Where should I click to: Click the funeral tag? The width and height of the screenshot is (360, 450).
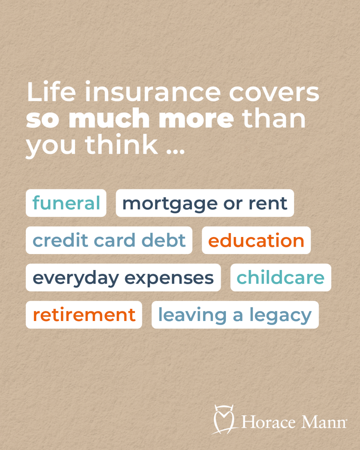click(x=66, y=203)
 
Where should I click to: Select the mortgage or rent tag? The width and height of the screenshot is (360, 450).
click(x=205, y=203)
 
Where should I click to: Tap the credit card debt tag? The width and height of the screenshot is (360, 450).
click(x=109, y=240)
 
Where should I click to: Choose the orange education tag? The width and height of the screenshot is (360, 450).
click(x=256, y=240)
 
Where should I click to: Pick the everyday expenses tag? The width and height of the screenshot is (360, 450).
click(x=123, y=277)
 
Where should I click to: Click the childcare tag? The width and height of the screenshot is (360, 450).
click(x=281, y=277)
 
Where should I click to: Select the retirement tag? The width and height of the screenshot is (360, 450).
click(x=84, y=314)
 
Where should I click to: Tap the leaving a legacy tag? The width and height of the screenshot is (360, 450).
click(x=235, y=314)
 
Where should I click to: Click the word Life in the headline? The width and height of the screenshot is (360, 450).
click(x=51, y=92)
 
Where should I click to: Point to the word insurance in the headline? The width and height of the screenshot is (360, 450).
click(x=153, y=92)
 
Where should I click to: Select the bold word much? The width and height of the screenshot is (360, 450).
click(x=109, y=118)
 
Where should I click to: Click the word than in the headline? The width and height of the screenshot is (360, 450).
click(x=274, y=118)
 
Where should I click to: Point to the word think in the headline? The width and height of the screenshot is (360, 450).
click(x=121, y=144)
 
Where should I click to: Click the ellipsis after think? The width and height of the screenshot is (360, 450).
click(x=176, y=152)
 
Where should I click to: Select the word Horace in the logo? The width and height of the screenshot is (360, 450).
click(x=268, y=422)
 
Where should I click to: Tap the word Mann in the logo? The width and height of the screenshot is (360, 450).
click(x=324, y=422)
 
